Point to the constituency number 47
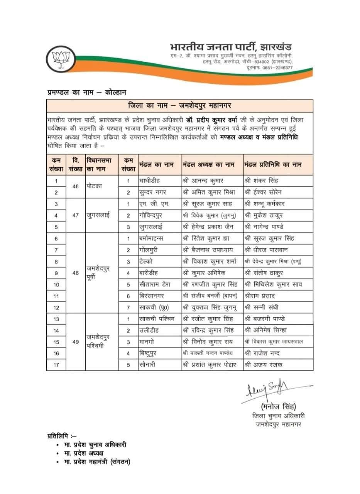pos(75,215)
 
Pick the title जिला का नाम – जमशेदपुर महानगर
pos(180,105)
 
